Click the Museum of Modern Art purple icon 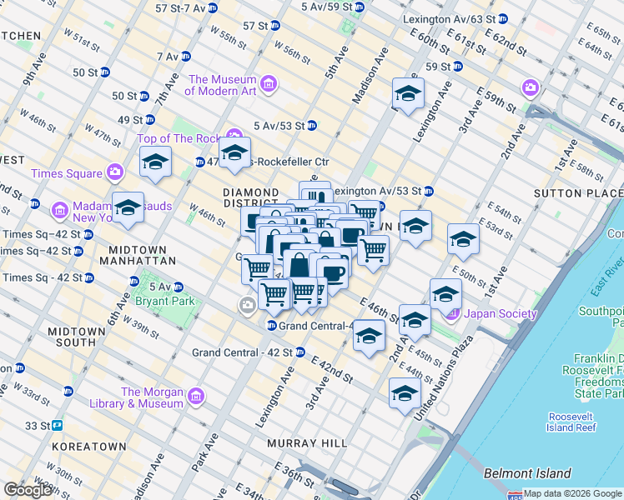pos(269,84)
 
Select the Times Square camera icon pos(115,173)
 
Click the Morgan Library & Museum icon pos(196,395)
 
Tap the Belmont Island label pos(527,473)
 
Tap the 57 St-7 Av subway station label pos(180,8)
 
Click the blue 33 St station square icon pos(58,425)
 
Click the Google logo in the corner pos(28,490)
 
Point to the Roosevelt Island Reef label pos(572,422)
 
